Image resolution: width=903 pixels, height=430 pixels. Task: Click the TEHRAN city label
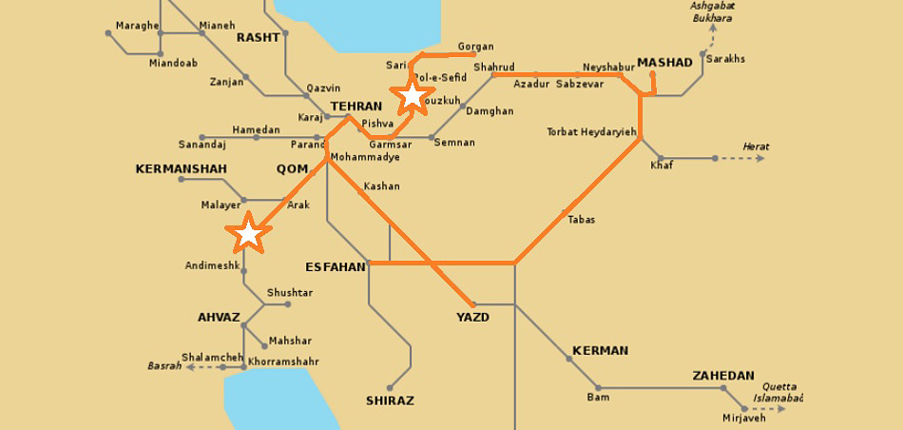[355, 107]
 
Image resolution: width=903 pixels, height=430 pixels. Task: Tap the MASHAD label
[664, 63]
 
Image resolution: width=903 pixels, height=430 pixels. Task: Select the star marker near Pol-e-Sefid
[412, 95]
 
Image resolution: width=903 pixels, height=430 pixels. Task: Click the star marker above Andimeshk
[248, 232]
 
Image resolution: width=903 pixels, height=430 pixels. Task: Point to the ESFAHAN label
[336, 267]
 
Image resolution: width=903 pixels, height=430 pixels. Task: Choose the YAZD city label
[472, 318]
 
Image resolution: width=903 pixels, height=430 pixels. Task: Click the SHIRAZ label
[390, 401]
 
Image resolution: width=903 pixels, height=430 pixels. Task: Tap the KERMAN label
[600, 351]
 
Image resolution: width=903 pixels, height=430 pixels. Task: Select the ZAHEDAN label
[723, 376]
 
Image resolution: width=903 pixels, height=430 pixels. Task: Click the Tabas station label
[581, 220]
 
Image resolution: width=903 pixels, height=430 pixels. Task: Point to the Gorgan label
[476, 47]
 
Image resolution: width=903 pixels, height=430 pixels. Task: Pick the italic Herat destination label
[757, 147]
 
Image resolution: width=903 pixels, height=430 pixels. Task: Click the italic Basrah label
[163, 366]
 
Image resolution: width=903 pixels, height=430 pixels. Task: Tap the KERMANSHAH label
[182, 169]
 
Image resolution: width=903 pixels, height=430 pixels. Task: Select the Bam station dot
[598, 388]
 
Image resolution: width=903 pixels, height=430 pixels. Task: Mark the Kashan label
[382, 186]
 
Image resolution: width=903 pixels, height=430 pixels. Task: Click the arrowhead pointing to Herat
[760, 158]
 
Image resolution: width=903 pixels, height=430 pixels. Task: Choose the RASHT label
[259, 38]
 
